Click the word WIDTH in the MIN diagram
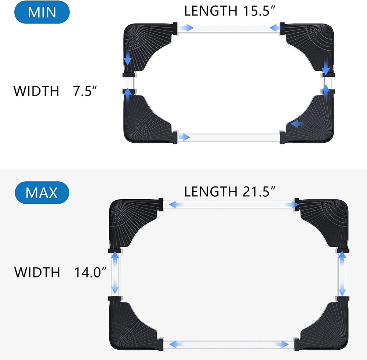point(36,91)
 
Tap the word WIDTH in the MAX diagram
point(37,272)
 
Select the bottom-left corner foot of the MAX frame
point(132,323)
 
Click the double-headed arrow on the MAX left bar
point(116,272)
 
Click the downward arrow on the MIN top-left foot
point(128,58)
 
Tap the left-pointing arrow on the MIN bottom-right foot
point(297,124)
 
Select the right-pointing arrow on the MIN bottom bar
point(184,137)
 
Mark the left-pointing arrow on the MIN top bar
point(275,28)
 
